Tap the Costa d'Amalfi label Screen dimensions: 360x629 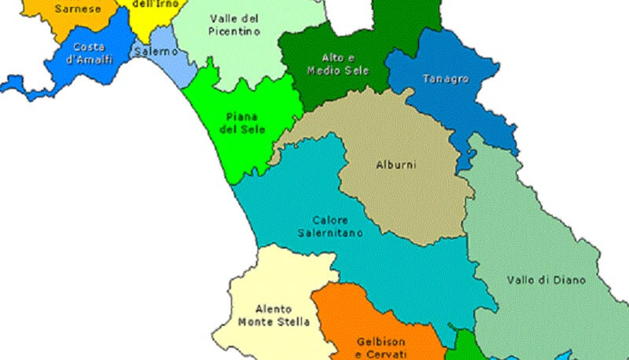coord(89,52)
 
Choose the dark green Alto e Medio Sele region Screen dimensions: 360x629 coord(314,86)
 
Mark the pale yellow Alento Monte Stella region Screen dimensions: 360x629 coord(259,275)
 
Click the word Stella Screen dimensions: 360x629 coord(294,321)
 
